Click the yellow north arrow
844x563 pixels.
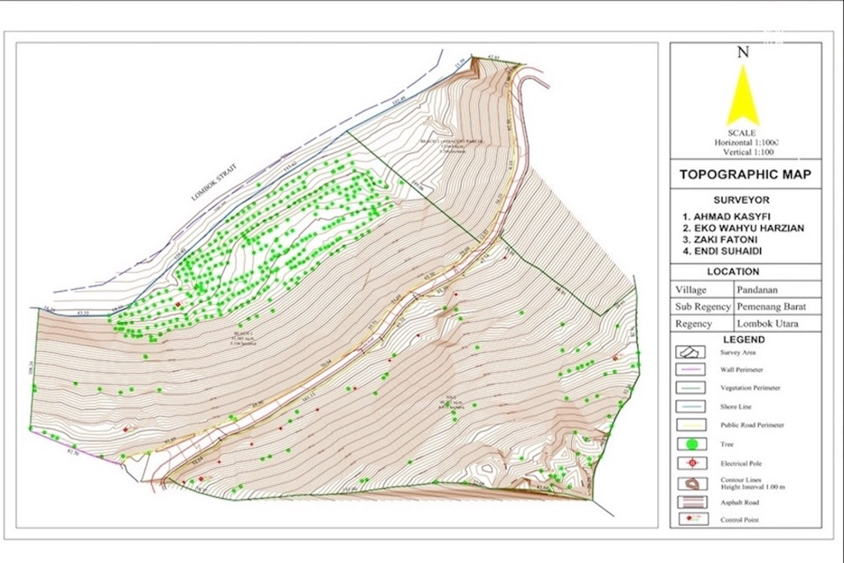[x=743, y=97]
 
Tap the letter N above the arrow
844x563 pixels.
[x=743, y=52]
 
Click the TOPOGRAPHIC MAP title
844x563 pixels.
[x=744, y=174]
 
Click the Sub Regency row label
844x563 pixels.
[x=702, y=307]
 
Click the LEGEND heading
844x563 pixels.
[x=743, y=339]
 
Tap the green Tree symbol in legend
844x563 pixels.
[x=692, y=445]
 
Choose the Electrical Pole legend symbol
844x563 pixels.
[x=692, y=463]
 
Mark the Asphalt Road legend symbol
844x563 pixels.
[x=690, y=502]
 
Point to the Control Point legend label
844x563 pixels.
[x=739, y=520]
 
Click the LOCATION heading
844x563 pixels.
[x=744, y=271]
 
